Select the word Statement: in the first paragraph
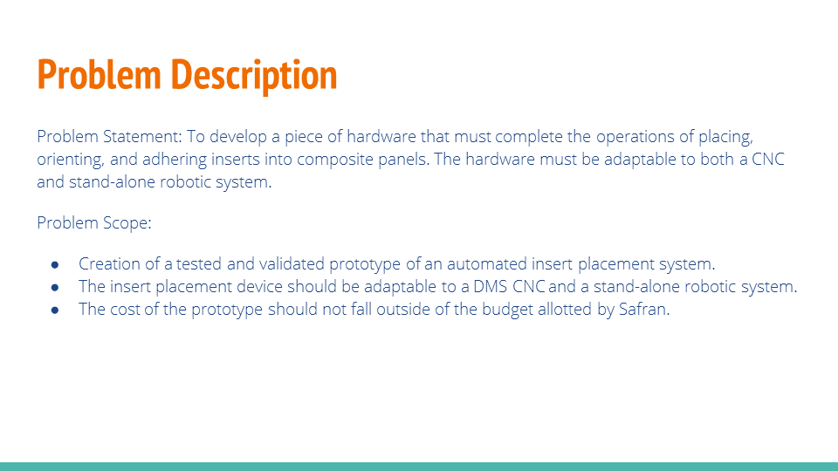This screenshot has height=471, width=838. (144, 137)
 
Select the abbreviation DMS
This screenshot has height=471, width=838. (476, 286)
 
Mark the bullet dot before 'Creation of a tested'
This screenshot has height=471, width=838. (55, 263)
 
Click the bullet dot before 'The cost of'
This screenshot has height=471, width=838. (55, 309)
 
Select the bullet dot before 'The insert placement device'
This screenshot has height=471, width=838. (55, 286)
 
